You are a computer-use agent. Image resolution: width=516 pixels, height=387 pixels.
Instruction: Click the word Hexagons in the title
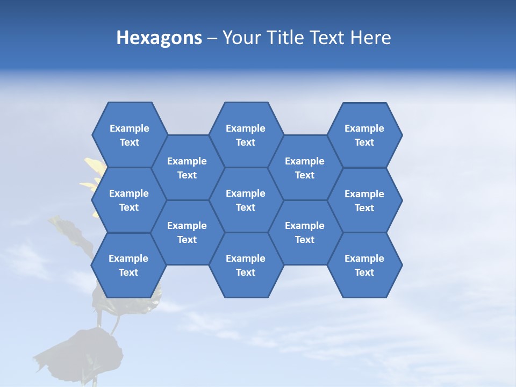tap(159, 38)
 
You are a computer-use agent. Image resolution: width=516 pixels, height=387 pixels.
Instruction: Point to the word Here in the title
tap(371, 38)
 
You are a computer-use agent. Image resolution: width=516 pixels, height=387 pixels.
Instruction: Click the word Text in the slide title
tap(328, 38)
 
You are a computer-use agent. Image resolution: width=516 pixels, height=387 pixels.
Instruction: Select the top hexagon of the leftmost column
tap(129, 135)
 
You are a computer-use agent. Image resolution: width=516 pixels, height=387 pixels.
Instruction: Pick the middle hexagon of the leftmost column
tap(129, 200)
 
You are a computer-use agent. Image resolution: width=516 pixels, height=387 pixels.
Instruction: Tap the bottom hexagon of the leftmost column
tap(128, 265)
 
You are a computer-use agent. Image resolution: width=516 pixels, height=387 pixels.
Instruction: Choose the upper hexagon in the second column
tap(187, 168)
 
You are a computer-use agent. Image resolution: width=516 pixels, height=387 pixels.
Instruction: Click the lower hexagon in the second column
tap(187, 232)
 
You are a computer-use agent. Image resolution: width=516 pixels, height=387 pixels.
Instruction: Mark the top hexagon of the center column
tap(246, 135)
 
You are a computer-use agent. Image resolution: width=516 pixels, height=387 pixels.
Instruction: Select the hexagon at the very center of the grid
tap(246, 200)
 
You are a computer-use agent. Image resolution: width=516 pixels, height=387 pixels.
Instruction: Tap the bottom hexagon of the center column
tap(246, 265)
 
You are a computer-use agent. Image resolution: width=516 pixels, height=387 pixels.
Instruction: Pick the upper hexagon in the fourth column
tap(305, 168)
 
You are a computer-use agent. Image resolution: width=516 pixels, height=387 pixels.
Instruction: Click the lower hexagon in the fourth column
tap(305, 232)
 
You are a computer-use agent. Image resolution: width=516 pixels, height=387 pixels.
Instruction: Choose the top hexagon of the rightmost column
tap(364, 135)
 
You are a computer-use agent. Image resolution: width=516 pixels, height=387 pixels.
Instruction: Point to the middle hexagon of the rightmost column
tap(364, 200)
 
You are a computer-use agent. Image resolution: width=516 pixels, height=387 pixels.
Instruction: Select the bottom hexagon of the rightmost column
tap(364, 265)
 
